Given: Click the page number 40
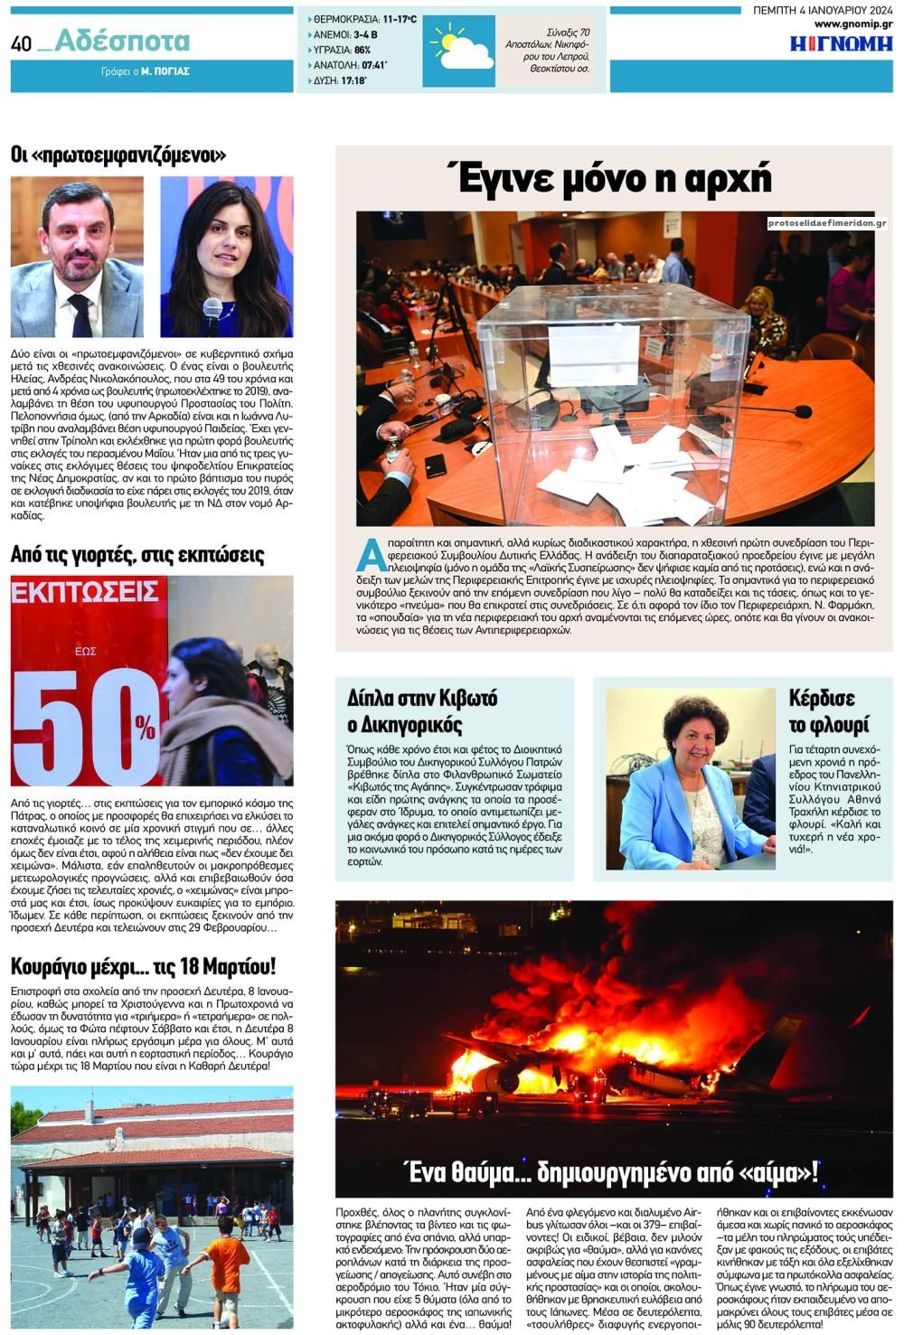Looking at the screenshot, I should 22,43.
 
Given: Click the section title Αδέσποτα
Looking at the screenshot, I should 123,41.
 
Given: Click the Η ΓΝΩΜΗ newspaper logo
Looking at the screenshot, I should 841,43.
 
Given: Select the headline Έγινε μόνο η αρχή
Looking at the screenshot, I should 614,178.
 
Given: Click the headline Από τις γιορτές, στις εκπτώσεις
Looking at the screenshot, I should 137,554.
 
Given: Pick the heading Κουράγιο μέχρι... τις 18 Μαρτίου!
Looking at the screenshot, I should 144,965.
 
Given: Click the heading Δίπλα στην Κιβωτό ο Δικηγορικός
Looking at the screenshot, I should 422,710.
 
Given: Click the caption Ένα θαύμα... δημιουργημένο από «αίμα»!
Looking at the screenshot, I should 613,1172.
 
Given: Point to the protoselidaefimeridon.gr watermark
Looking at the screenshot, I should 826,223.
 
